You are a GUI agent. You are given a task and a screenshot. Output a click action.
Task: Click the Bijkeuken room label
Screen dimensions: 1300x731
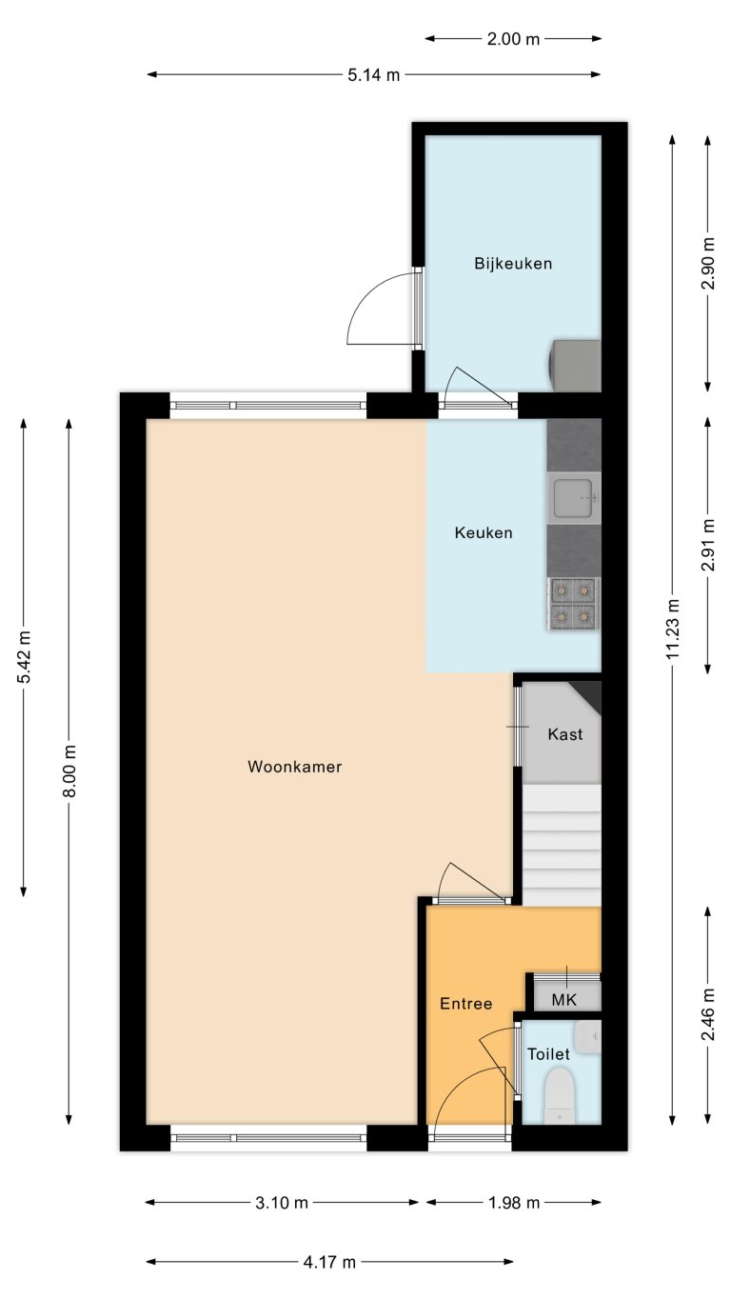point(513,264)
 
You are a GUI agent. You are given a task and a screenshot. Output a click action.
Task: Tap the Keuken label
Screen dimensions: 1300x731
point(484,533)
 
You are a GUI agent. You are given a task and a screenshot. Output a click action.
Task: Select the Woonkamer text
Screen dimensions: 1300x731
point(294,767)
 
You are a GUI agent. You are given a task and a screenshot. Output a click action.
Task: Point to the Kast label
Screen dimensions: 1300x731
point(564,735)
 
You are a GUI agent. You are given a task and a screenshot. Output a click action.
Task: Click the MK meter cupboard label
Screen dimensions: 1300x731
point(564,1000)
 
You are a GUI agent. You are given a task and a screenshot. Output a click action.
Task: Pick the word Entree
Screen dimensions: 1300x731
point(465,1004)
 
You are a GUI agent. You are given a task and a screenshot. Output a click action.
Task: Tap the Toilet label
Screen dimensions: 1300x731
point(548,1054)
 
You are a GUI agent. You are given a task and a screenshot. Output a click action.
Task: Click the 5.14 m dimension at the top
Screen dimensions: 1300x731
point(373,75)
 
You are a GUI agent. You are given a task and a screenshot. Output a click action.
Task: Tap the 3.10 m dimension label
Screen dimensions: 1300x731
point(282,1203)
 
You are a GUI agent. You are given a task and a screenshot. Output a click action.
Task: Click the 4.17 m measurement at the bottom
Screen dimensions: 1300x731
point(329,1263)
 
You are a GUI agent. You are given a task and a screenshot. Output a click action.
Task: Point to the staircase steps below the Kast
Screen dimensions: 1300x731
point(562,843)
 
